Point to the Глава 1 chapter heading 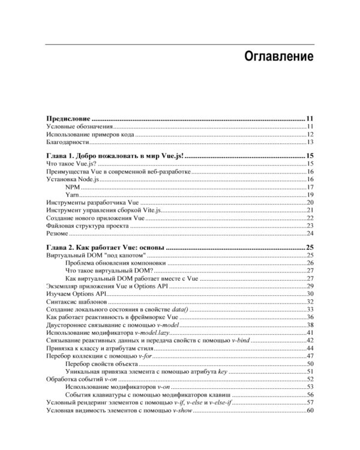click(116, 156)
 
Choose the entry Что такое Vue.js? click(71, 164)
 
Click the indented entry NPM click(73, 187)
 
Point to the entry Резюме click(58, 234)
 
